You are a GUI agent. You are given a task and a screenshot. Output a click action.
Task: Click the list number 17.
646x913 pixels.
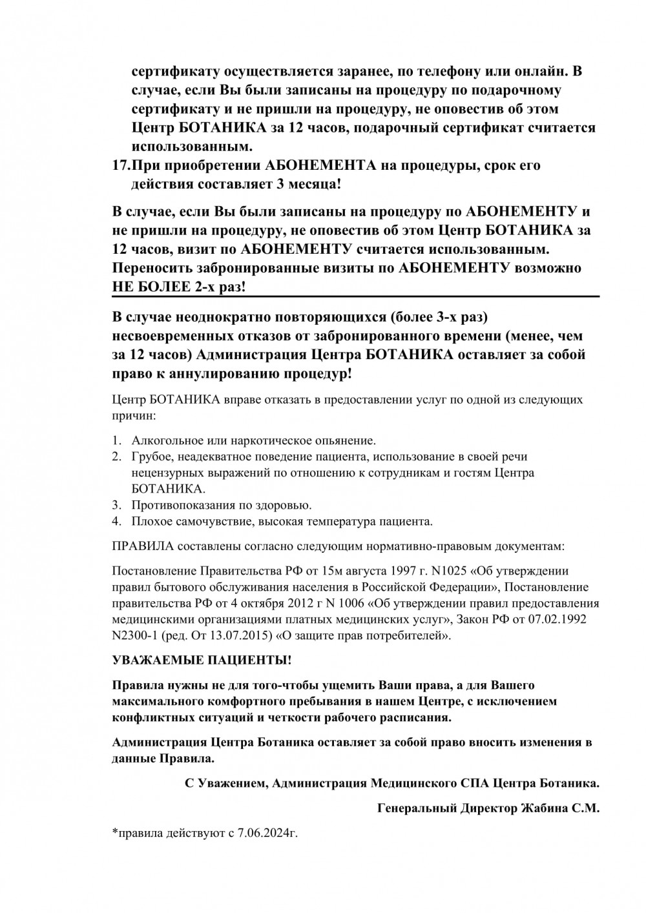tap(121, 165)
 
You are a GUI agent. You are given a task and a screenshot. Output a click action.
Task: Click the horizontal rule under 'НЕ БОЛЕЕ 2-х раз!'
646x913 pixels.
tap(355, 296)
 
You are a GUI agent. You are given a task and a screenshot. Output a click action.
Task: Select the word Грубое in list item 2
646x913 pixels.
tap(151, 457)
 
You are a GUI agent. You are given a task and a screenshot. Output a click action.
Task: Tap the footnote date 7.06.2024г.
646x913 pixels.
tap(267, 834)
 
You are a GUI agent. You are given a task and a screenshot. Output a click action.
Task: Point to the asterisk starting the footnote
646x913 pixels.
tap(114, 832)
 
